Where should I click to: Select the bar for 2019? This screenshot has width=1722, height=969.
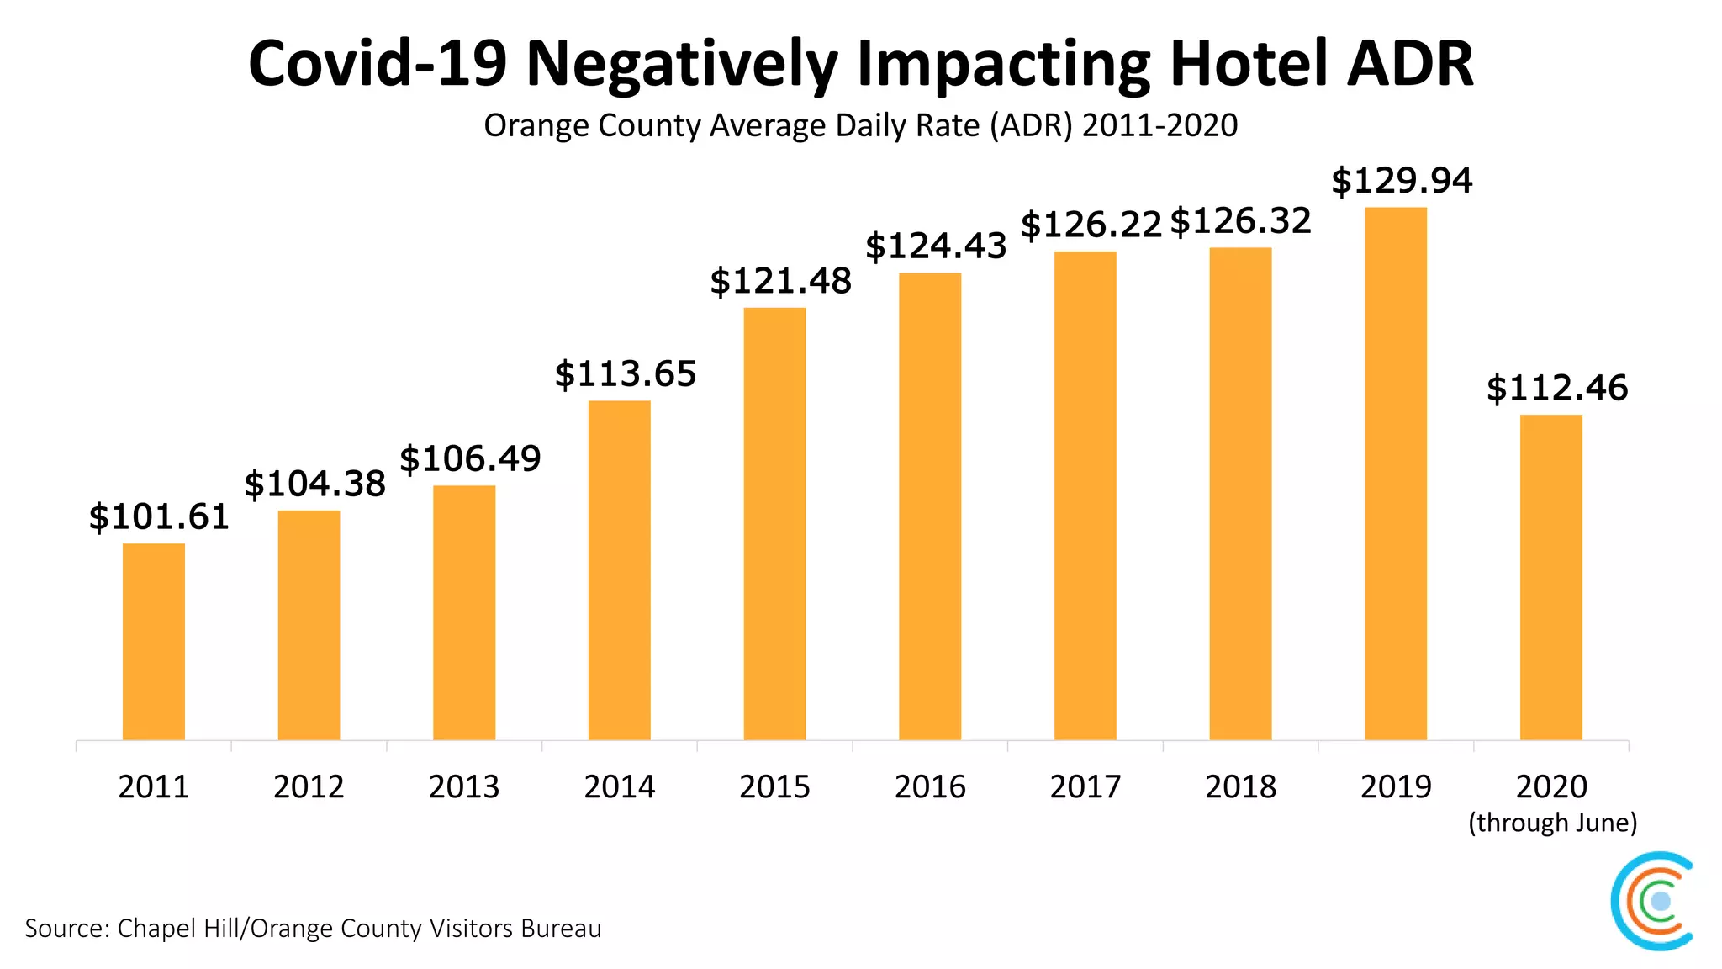point(1396,474)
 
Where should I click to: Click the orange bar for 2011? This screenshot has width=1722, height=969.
point(154,642)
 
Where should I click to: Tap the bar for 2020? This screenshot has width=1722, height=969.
point(1550,577)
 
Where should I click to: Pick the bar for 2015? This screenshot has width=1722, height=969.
point(774,524)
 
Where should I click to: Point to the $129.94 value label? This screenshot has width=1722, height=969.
point(1402,181)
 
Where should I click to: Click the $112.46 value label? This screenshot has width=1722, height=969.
point(1557,389)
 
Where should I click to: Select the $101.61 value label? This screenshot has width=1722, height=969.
point(159,516)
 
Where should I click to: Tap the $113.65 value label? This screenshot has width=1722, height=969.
point(626,374)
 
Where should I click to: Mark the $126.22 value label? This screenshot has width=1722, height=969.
point(1091,225)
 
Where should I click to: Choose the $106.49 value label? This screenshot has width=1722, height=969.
point(470,459)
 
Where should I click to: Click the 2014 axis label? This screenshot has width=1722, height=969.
point(620,787)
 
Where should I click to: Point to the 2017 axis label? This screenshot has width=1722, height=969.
point(1085,787)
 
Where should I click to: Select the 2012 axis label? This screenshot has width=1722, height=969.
point(309,787)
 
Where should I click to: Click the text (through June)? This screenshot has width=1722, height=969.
point(1552,823)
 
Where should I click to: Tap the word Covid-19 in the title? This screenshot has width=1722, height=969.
point(378,64)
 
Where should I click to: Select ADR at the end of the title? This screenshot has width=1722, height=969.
point(1410,64)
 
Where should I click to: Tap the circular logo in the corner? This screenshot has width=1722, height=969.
point(1652,901)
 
